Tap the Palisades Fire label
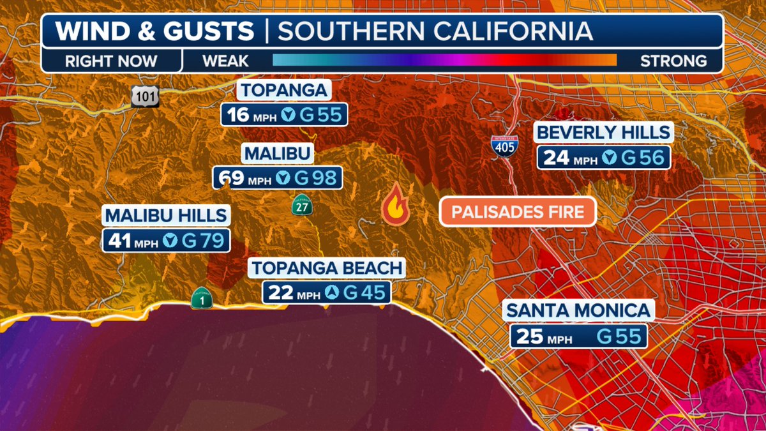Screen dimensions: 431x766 tap(518, 211)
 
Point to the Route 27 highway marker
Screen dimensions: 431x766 tap(301, 205)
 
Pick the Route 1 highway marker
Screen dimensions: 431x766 tap(201, 298)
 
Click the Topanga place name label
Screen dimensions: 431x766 tap(284, 90)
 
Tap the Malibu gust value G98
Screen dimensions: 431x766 tap(315, 178)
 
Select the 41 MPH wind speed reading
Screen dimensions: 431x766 tap(130, 240)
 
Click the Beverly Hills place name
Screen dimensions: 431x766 tap(604, 133)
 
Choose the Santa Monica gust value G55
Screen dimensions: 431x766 tap(619, 336)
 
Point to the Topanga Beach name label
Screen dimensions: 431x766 tap(327, 268)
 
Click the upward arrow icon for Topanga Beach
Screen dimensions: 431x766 tap(332, 292)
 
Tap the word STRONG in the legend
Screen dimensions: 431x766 tap(673, 61)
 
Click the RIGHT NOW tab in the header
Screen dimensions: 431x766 tap(110, 61)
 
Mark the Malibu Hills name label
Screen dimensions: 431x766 tap(166, 215)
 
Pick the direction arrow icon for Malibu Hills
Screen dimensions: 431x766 tap(170, 240)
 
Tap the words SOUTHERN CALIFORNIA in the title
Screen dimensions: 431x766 tap(435, 31)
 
